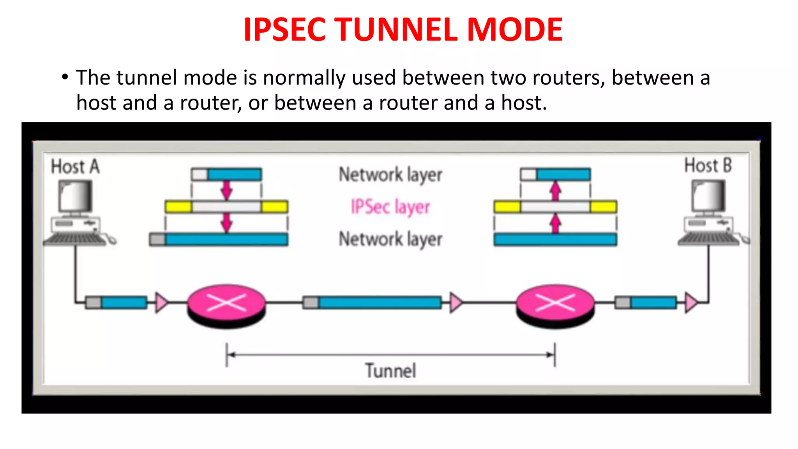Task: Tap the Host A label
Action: pyautogui.click(x=75, y=166)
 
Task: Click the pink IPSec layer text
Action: pyautogui.click(x=390, y=207)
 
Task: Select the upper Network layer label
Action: pyautogui.click(x=390, y=175)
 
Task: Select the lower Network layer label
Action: pyautogui.click(x=390, y=239)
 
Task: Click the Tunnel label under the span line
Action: pyautogui.click(x=390, y=370)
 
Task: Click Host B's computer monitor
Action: pyautogui.click(x=708, y=196)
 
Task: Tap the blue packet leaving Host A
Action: pyautogui.click(x=124, y=302)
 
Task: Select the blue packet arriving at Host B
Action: pyautogui.click(x=653, y=302)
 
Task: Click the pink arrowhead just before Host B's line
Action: pyautogui.click(x=691, y=302)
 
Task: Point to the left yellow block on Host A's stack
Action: pyautogui.click(x=178, y=207)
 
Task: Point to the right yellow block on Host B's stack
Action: pyautogui.click(x=603, y=207)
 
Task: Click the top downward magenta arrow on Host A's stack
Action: pyautogui.click(x=226, y=190)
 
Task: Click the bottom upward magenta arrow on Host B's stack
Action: pyautogui.click(x=555, y=224)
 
